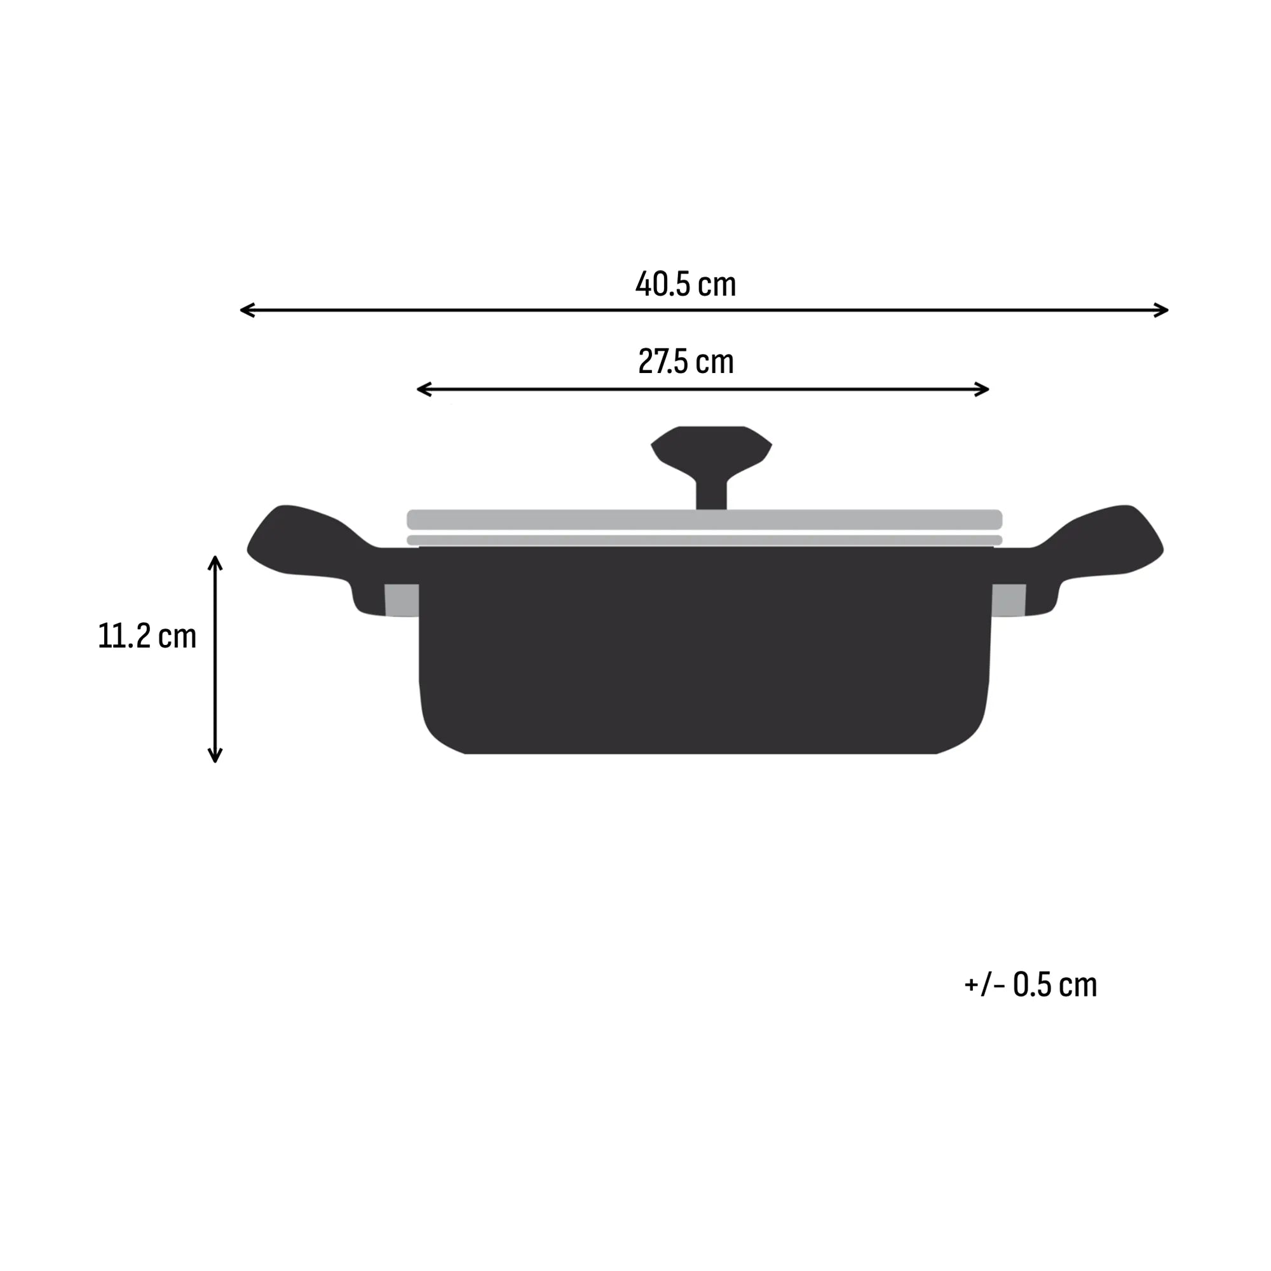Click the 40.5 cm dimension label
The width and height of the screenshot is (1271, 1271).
[685, 284]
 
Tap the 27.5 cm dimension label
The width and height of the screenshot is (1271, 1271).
[686, 362]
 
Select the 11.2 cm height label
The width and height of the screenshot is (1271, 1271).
[147, 636]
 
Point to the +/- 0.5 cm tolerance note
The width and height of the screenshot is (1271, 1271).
[1030, 985]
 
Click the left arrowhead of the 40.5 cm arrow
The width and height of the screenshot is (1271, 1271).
[245, 310]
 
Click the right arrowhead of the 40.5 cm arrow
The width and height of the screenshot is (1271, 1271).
[1162, 310]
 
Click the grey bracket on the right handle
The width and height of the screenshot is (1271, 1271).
[1009, 600]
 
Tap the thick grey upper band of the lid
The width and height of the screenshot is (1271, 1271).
[704, 520]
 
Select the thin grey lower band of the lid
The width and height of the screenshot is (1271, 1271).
[704, 540]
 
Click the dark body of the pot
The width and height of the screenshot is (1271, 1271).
[704, 651]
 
